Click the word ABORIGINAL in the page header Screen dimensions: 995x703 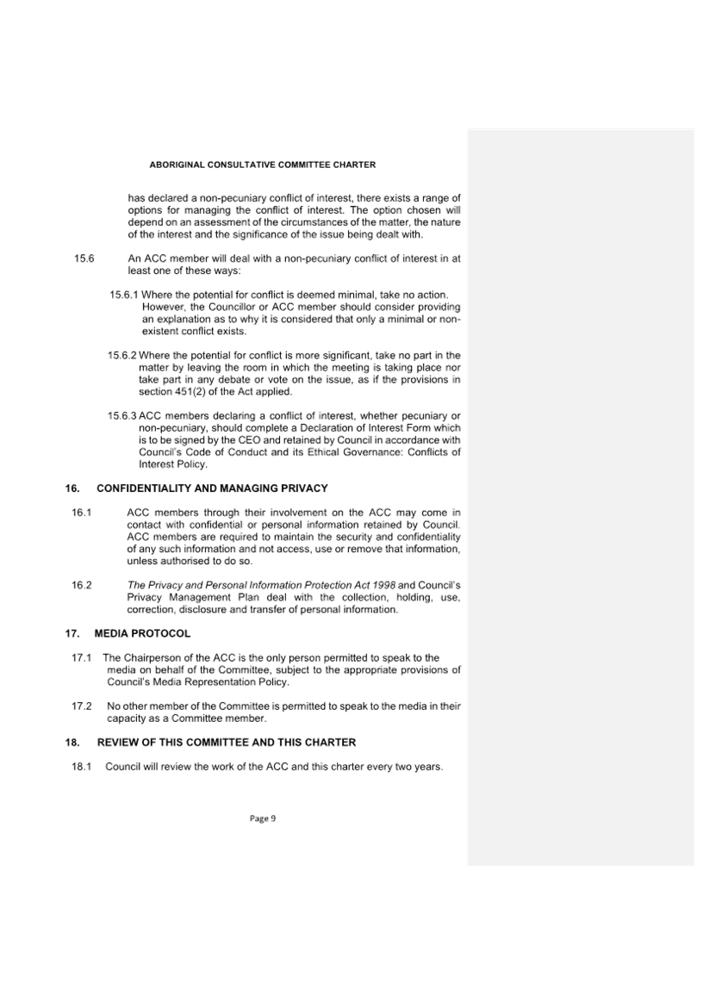pyautogui.click(x=177, y=165)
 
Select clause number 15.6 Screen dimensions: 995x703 pyautogui.click(x=84, y=258)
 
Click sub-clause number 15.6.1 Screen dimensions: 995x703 pyautogui.click(x=123, y=295)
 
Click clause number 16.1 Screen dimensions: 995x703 pyautogui.click(x=82, y=513)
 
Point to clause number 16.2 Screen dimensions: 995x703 pyautogui.click(x=82, y=585)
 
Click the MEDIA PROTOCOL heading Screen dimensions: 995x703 pyautogui.click(x=142, y=633)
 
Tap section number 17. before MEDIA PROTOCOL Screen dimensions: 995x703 pyautogui.click(x=72, y=633)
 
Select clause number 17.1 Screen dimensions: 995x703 pyautogui.click(x=81, y=657)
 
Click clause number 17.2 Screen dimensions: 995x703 pyautogui.click(x=81, y=706)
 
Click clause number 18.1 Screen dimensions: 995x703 pyautogui.click(x=81, y=766)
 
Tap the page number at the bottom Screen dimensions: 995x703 pyautogui.click(x=263, y=818)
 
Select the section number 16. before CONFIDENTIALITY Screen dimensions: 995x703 pyautogui.click(x=72, y=488)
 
